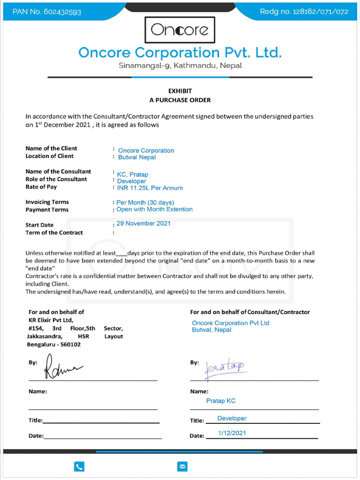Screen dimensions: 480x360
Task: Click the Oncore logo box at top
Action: (180, 30)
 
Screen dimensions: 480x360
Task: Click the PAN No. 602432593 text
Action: (47, 12)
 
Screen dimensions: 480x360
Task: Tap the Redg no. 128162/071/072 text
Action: (304, 12)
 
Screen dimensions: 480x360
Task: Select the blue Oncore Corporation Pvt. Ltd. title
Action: (180, 52)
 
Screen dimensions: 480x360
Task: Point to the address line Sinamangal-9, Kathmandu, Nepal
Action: (180, 66)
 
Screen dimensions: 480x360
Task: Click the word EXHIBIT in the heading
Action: (180, 91)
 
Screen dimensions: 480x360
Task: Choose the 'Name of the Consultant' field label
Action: (58, 172)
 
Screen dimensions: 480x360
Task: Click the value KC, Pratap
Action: (132, 174)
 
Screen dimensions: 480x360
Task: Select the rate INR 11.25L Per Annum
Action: (150, 188)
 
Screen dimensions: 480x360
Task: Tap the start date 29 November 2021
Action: (143, 224)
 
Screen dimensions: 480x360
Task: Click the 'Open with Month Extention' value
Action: (154, 210)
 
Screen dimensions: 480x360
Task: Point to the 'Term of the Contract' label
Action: (54, 233)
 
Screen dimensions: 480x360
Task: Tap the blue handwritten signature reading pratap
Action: (226, 367)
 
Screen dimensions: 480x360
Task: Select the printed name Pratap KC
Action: (221, 401)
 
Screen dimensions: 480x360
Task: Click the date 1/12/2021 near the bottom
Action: (232, 433)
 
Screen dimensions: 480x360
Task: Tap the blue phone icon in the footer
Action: (79, 466)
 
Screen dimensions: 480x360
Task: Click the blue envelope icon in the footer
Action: (182, 466)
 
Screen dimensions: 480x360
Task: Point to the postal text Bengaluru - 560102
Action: (53, 345)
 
